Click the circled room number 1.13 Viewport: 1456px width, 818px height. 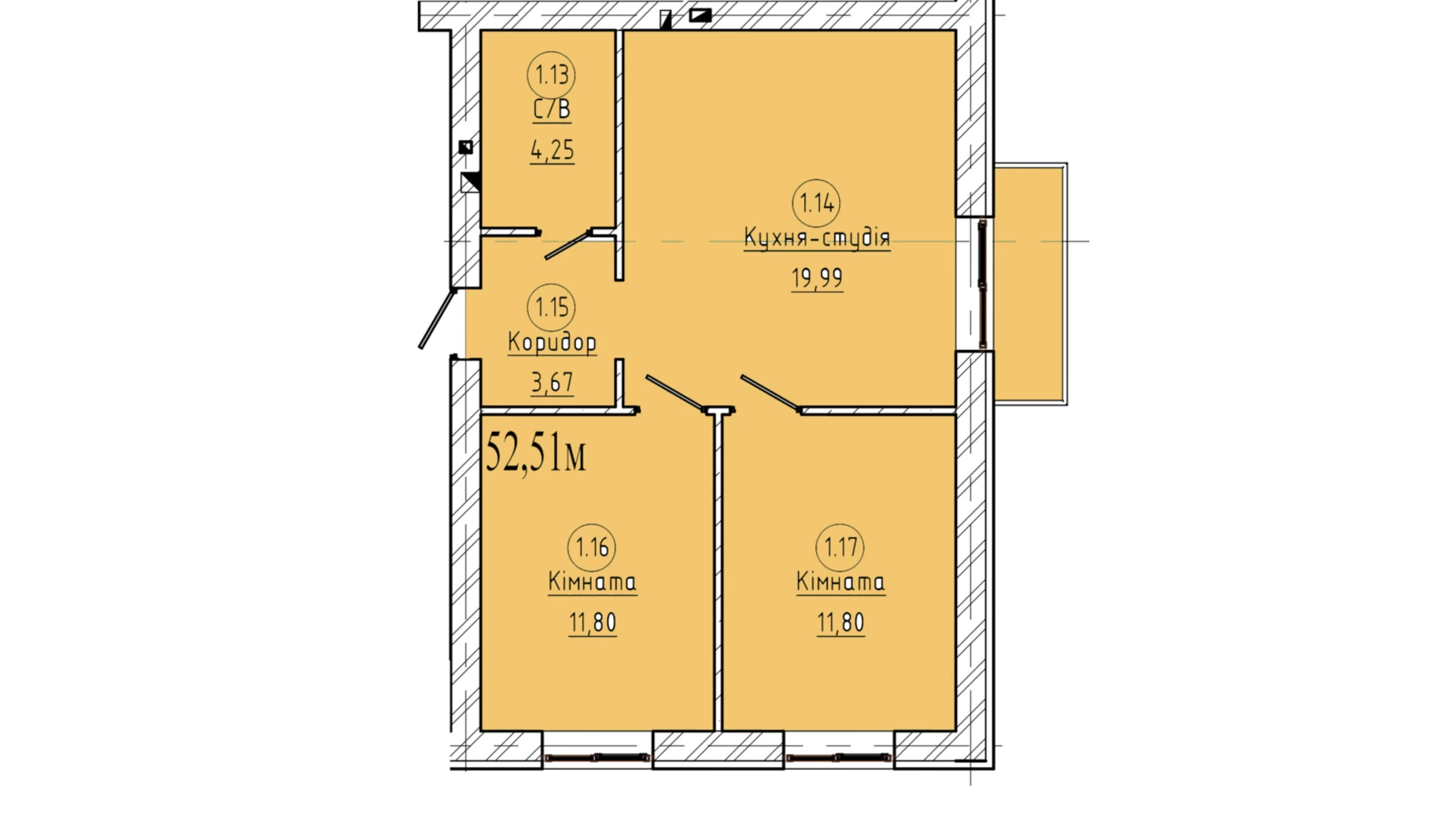click(x=551, y=76)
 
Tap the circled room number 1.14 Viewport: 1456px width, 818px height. click(x=816, y=204)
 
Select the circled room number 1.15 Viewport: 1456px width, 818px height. click(x=551, y=308)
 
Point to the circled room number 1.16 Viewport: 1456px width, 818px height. click(x=592, y=547)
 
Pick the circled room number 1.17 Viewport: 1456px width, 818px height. click(x=840, y=547)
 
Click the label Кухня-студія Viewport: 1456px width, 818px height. click(x=817, y=238)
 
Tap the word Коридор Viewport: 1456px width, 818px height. click(x=552, y=343)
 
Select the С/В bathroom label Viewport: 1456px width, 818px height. click(x=552, y=110)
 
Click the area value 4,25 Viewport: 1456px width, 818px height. click(x=552, y=149)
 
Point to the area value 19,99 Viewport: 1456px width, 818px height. click(x=817, y=278)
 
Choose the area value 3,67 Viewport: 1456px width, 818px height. click(x=552, y=383)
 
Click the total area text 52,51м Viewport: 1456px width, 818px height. click(x=536, y=452)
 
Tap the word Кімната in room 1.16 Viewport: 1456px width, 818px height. click(x=592, y=583)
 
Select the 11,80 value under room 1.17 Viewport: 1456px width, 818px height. click(x=841, y=623)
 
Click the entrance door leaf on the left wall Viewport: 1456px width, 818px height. click(x=437, y=319)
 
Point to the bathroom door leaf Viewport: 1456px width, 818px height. click(x=568, y=245)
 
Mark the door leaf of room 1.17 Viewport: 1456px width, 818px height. click(x=770, y=394)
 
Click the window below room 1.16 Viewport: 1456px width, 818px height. click(x=597, y=757)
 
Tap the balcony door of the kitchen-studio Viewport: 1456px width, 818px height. click(x=982, y=284)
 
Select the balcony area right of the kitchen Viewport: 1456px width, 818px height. click(x=1030, y=284)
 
